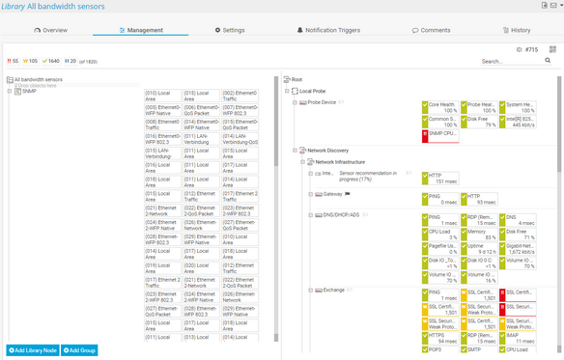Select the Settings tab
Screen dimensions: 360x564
[x=229, y=30]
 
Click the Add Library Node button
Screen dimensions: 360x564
[x=32, y=349]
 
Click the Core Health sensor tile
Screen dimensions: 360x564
[x=442, y=106]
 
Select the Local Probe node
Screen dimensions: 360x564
[x=319, y=91]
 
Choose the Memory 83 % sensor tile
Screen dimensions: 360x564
[x=481, y=233]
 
